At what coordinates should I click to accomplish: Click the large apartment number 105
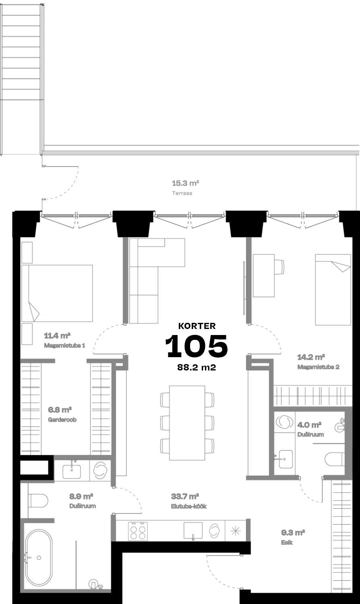(197, 346)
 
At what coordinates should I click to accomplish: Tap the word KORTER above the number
(197, 326)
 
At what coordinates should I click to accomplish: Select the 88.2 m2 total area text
(197, 367)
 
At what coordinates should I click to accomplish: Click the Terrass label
(182, 193)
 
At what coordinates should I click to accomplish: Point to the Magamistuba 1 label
(64, 345)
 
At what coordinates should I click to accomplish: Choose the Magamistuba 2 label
(318, 367)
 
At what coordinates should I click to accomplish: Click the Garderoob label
(62, 420)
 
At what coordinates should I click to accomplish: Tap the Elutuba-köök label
(189, 506)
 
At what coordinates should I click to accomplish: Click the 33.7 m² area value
(185, 496)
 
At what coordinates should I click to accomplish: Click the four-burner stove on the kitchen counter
(138, 531)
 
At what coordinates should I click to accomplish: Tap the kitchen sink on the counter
(193, 530)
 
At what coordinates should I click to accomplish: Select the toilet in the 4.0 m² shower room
(335, 459)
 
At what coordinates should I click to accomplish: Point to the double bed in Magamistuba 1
(57, 293)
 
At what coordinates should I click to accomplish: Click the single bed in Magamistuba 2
(333, 290)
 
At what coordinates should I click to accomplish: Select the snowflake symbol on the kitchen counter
(236, 531)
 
